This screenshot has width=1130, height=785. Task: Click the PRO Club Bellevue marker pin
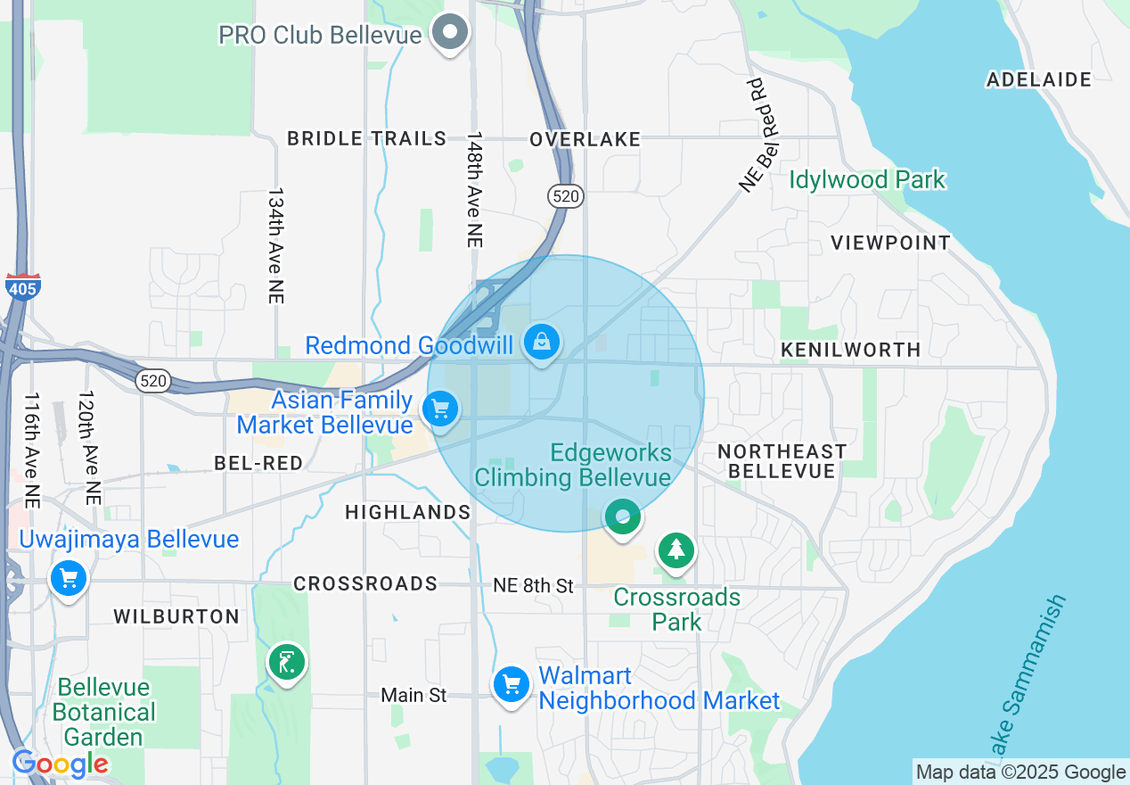450,33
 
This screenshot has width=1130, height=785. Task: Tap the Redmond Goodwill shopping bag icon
541,341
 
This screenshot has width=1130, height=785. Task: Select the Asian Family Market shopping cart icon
439,409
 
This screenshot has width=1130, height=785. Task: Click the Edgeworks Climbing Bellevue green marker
623,516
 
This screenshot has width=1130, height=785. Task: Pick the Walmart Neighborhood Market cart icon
512,685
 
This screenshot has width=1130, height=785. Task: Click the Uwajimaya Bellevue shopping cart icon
69,578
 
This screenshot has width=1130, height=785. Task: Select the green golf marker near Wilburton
287,662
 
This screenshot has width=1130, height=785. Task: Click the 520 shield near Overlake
566,196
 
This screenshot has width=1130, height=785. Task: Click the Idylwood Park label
866,179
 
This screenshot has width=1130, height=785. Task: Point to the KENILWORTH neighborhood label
850,350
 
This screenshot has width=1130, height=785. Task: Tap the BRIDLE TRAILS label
366,138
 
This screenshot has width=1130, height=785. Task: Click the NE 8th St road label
533,586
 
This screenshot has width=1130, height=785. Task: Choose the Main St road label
414,695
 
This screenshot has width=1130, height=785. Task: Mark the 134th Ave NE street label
275,246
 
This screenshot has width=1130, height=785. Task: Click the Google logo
61,764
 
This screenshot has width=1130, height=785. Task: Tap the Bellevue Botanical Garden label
104,712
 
